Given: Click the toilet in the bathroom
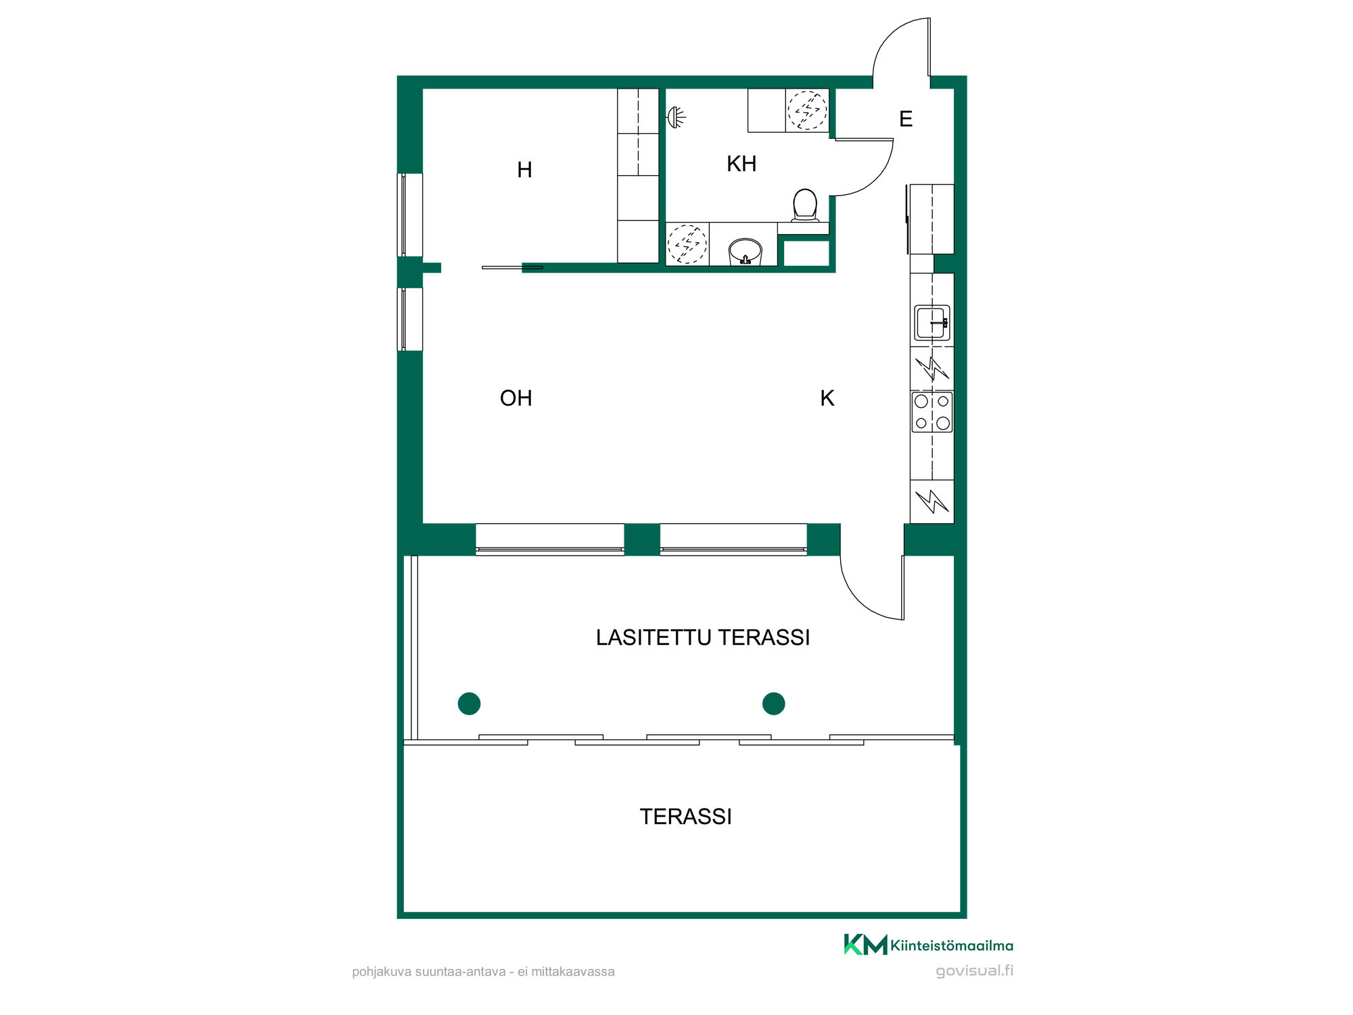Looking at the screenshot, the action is click(x=805, y=205).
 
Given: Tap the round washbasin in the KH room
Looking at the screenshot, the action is click(x=746, y=251).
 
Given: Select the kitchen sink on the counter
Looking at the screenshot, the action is click(x=932, y=323).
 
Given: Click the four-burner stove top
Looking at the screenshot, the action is click(x=932, y=412).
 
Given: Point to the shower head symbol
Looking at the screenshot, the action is click(x=676, y=118).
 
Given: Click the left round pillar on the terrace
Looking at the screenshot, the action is click(x=469, y=704).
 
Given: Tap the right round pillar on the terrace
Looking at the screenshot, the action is click(x=773, y=704).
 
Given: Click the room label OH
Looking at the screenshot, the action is click(x=516, y=398).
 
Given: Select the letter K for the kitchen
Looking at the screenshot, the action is click(x=827, y=398).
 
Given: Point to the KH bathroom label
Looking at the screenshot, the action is click(x=741, y=164).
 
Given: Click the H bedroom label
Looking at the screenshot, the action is click(x=524, y=170).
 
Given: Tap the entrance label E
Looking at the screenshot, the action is click(x=906, y=119).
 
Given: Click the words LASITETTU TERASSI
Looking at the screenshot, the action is click(x=703, y=637).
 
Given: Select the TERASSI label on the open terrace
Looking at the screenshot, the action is click(x=686, y=817).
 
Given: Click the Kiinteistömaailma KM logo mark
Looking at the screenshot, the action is click(x=865, y=945).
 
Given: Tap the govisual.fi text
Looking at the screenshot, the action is click(x=974, y=971).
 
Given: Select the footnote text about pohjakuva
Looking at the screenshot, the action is click(x=483, y=972).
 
